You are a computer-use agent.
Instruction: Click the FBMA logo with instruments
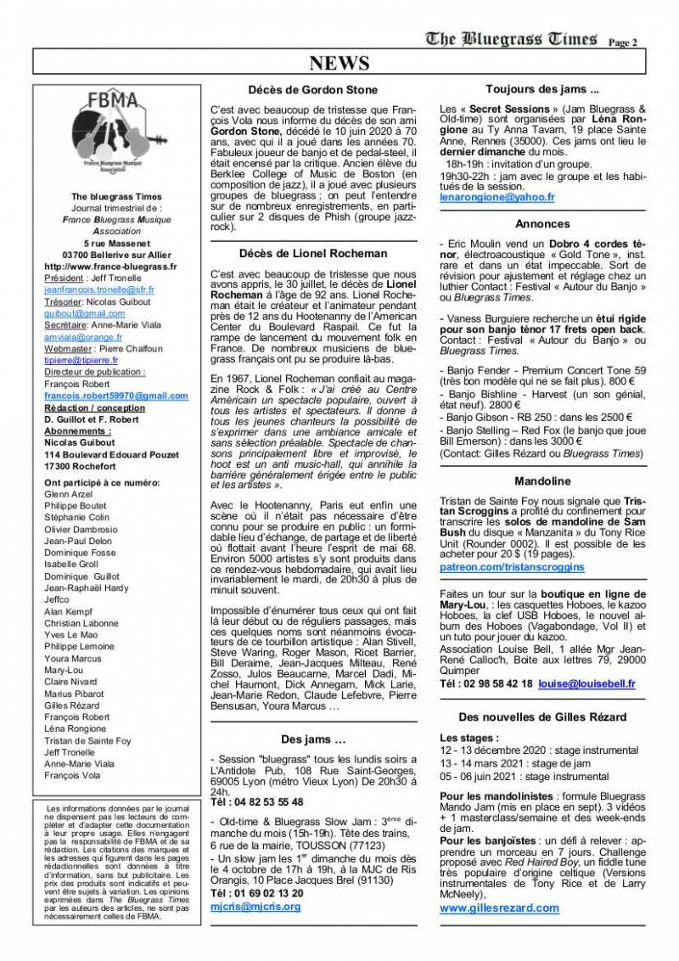119,135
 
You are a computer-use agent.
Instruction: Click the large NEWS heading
339,65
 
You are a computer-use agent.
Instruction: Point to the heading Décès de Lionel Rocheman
313,253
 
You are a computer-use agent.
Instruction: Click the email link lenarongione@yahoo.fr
497,197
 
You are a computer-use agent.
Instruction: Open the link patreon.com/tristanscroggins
512,565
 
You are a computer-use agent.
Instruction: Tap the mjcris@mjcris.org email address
255,907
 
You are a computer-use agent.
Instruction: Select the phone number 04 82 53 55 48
255,801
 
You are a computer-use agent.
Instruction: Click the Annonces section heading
542,224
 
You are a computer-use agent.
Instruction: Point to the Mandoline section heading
542,481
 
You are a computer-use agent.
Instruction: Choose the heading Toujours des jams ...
542,89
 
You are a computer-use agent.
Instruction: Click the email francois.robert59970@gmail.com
115,396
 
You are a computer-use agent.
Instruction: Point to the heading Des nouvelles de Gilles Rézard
542,717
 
